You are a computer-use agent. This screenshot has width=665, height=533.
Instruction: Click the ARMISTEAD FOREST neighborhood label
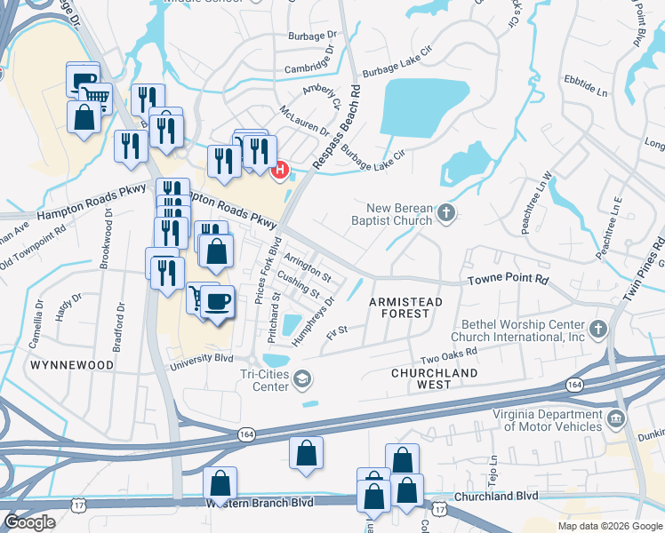point(405,308)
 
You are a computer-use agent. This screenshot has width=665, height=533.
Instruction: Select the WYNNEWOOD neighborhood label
point(72,365)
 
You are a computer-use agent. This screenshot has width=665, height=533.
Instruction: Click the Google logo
point(28,522)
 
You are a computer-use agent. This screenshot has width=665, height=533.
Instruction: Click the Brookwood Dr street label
point(108,236)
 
